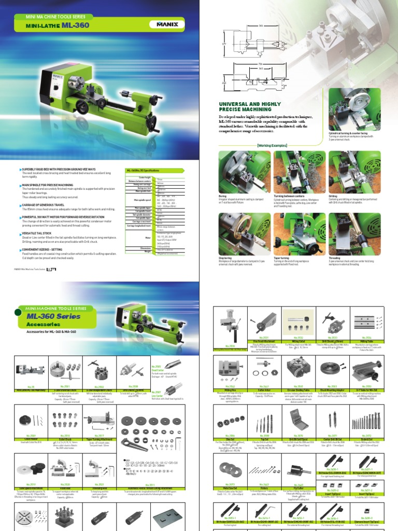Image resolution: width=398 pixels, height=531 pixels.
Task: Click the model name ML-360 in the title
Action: click(76, 24)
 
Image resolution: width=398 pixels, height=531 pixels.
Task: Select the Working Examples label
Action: click(272, 146)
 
